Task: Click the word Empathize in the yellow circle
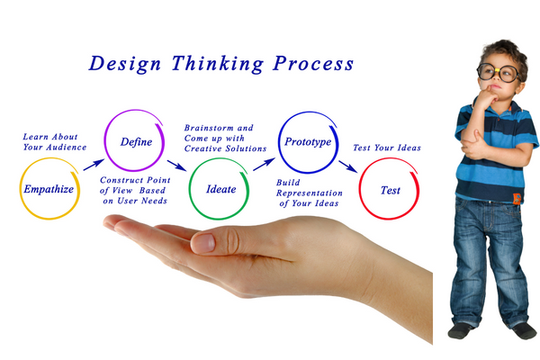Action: (x=49, y=190)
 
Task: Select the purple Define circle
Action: (x=136, y=141)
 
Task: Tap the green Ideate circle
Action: (x=218, y=191)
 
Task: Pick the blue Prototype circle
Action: (x=307, y=142)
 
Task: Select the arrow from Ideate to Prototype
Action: (x=264, y=164)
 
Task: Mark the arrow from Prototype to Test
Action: (x=347, y=166)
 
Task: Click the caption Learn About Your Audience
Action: (x=55, y=141)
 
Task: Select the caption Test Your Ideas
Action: (x=386, y=148)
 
